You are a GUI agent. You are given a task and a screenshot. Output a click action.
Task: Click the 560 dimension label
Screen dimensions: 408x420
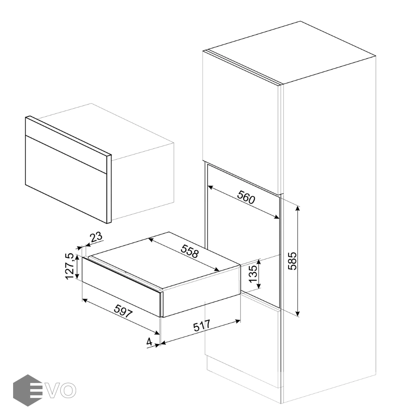(x=246, y=197)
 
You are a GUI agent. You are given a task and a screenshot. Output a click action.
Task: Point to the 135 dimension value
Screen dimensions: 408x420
(x=253, y=274)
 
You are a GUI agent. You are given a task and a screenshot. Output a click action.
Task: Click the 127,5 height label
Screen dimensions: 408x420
(x=70, y=266)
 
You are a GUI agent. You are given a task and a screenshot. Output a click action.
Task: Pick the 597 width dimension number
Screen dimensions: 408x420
(x=123, y=311)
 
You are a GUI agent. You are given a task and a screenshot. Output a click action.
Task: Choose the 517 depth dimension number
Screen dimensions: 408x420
(x=202, y=325)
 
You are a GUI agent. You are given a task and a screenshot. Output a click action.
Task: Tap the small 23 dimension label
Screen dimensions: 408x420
(x=96, y=237)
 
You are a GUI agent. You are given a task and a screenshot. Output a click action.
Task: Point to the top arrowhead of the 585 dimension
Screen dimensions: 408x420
(x=298, y=208)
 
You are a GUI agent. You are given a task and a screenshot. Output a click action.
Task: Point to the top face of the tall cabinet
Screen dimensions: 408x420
(x=290, y=53)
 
